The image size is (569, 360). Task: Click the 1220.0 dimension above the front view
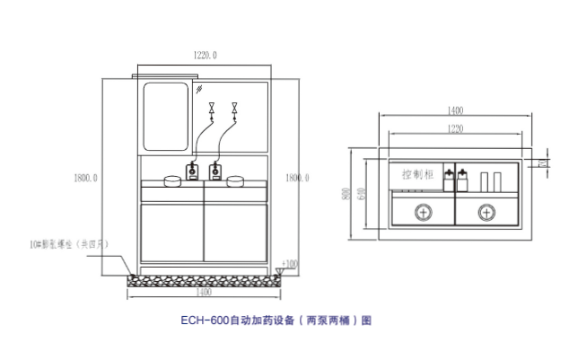pos(206,56)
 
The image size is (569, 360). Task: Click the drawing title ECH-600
pos(275,319)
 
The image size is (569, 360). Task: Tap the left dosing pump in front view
pos(192,171)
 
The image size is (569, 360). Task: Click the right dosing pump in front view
pos(215,171)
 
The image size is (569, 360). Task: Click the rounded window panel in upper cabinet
pos(165,117)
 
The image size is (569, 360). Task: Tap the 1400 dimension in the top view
pos(455,110)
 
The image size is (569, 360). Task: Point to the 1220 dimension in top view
pos(455,130)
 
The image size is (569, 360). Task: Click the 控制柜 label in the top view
pos(418,175)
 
